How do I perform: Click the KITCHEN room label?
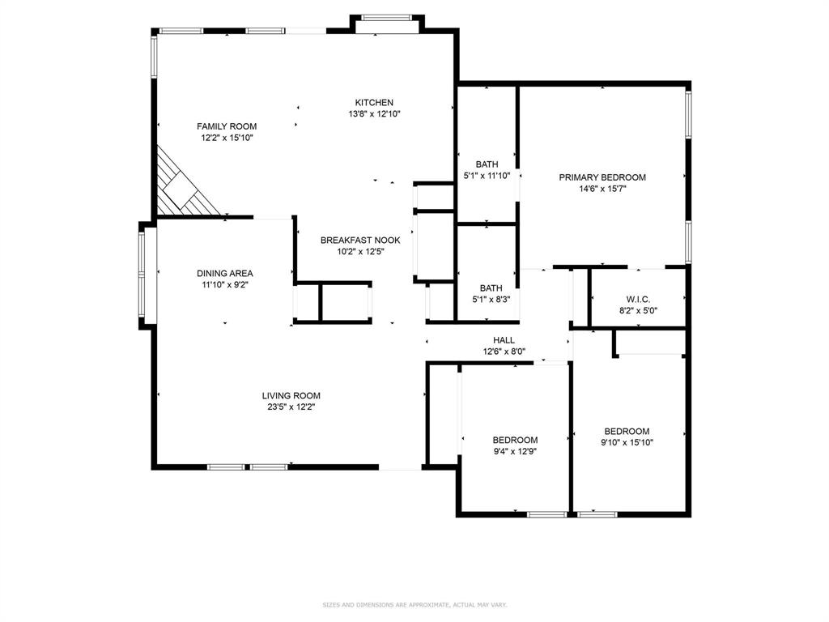pos(374,103)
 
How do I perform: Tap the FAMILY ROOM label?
pos(227,126)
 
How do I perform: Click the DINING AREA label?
pos(224,274)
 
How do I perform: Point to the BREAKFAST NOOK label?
pos(360,241)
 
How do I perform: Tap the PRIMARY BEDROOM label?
pos(602,177)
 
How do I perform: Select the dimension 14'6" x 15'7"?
pos(602,189)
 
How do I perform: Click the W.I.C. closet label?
pos(638,300)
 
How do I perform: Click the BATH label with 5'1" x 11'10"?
pos(487,164)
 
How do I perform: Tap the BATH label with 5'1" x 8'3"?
pos(491,288)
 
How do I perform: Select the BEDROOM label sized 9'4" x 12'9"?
pos(515,441)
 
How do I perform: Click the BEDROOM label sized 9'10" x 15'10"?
pos(627,432)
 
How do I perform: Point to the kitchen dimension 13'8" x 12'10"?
pos(374,114)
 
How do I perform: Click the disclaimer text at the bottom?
pos(414,604)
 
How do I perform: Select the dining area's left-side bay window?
pos(147,275)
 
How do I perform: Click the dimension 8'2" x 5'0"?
pos(638,310)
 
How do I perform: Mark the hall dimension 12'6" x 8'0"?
pos(504,351)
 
